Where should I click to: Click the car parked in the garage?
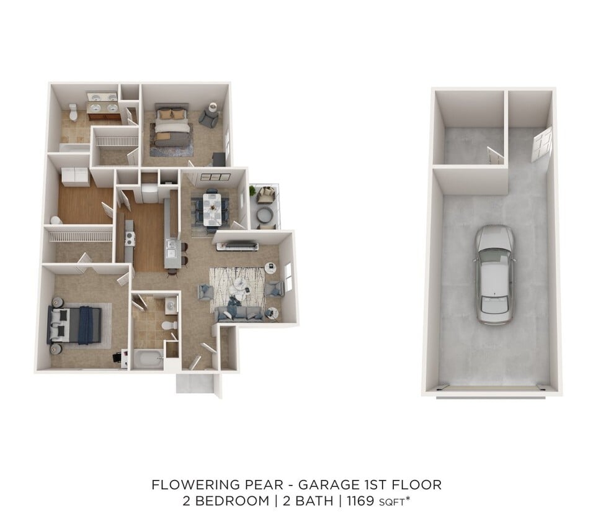tap(495, 274)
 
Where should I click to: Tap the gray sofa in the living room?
tap(241, 314)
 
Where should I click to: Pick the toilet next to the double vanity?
tap(73, 111)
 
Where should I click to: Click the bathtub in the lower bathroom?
tap(148, 358)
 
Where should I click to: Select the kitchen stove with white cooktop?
tap(130, 237)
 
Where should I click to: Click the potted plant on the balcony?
tap(253, 190)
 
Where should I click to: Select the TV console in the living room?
tap(237, 246)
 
